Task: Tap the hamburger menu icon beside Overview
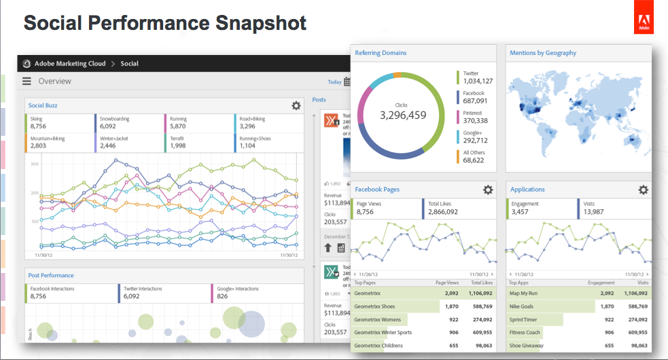(27, 81)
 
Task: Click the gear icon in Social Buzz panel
(296, 105)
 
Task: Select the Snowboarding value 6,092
(108, 126)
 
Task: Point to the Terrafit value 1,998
(177, 145)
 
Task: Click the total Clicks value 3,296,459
(403, 115)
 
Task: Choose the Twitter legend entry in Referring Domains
(471, 73)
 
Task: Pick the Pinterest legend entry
(473, 113)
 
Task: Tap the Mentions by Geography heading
(543, 52)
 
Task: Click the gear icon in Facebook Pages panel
(488, 190)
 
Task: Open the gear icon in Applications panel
(643, 190)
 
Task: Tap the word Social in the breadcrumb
(129, 64)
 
